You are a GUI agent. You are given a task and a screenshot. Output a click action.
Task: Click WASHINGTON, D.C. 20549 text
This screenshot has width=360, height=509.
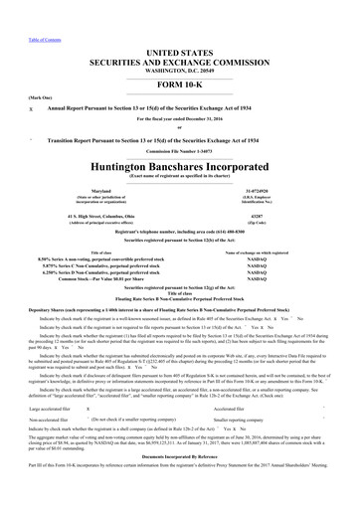coord(179,44)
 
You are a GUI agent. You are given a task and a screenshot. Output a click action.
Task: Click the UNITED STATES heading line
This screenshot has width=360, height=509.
coord(179,24)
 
